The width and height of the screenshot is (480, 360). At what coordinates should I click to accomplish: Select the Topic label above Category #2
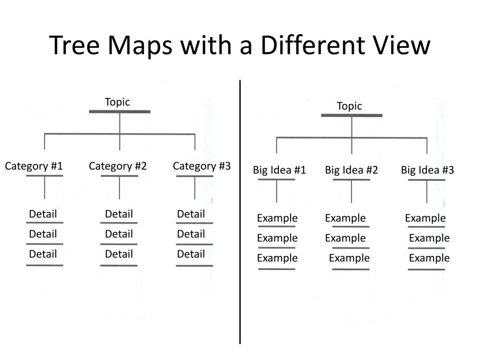point(117,102)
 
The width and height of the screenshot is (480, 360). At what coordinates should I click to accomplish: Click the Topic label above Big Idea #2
point(349,106)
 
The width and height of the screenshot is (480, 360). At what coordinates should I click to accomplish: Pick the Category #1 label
point(34,166)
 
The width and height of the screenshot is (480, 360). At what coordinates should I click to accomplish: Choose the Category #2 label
point(118,166)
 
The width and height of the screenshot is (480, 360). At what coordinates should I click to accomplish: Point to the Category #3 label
point(202,166)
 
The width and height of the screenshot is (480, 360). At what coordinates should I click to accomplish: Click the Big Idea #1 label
point(279,170)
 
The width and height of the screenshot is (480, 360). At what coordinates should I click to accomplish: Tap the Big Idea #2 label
point(351,170)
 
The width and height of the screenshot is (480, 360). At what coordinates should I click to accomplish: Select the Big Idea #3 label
point(427,170)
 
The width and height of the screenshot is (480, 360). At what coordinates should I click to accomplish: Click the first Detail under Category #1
point(43,214)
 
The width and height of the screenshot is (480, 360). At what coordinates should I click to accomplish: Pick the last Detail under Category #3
point(191,254)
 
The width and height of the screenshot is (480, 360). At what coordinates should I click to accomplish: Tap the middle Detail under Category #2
point(119,234)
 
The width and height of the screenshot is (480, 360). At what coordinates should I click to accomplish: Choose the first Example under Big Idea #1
point(277,218)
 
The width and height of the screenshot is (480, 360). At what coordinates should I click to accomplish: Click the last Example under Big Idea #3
point(429,258)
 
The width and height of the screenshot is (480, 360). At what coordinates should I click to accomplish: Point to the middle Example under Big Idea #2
point(345,238)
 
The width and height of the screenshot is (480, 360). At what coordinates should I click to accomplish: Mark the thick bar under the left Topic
point(120,112)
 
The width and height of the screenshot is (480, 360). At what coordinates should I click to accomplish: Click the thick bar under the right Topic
point(352,115)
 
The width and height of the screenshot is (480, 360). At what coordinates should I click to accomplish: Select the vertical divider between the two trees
point(240,211)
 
